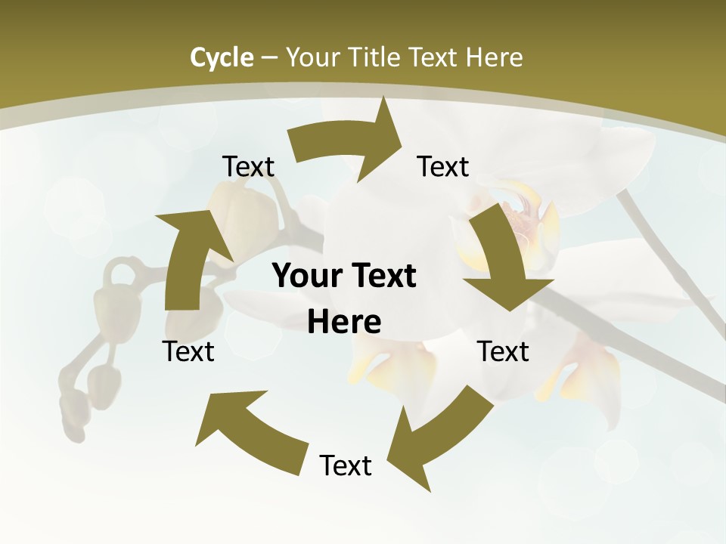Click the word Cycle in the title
click(x=222, y=57)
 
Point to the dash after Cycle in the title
click(x=269, y=58)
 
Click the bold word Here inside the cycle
click(x=344, y=322)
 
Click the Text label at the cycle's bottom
click(x=346, y=466)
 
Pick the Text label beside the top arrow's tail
click(x=248, y=167)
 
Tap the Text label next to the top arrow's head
click(x=443, y=167)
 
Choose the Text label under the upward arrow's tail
click(x=188, y=351)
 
